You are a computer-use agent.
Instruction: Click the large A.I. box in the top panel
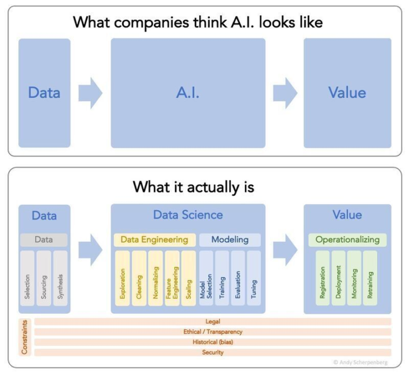coord(187,93)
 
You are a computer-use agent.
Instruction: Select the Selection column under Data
coord(27,279)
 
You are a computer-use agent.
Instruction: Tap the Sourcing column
coord(44,279)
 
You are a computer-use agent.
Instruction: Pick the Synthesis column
coord(60,279)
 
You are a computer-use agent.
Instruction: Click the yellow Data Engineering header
coord(155,239)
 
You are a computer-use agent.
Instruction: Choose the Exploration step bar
coord(123,279)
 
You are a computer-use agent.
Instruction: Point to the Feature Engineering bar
coord(172,279)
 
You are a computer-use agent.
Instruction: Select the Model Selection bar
coord(206,279)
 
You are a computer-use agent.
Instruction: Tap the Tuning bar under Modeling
coord(254,279)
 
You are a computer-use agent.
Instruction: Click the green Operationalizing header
coord(347,239)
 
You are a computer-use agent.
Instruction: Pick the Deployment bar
coord(339,279)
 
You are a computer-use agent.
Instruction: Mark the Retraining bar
coord(370,279)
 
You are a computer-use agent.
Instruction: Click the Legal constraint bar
coord(212,322)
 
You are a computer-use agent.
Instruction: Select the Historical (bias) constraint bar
coord(212,342)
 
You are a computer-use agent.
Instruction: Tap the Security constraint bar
coord(212,352)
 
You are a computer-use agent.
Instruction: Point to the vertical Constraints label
coord(24,337)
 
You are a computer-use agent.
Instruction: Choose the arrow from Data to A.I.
coord(90,93)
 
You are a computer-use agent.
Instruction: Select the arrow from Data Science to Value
coord(285,250)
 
